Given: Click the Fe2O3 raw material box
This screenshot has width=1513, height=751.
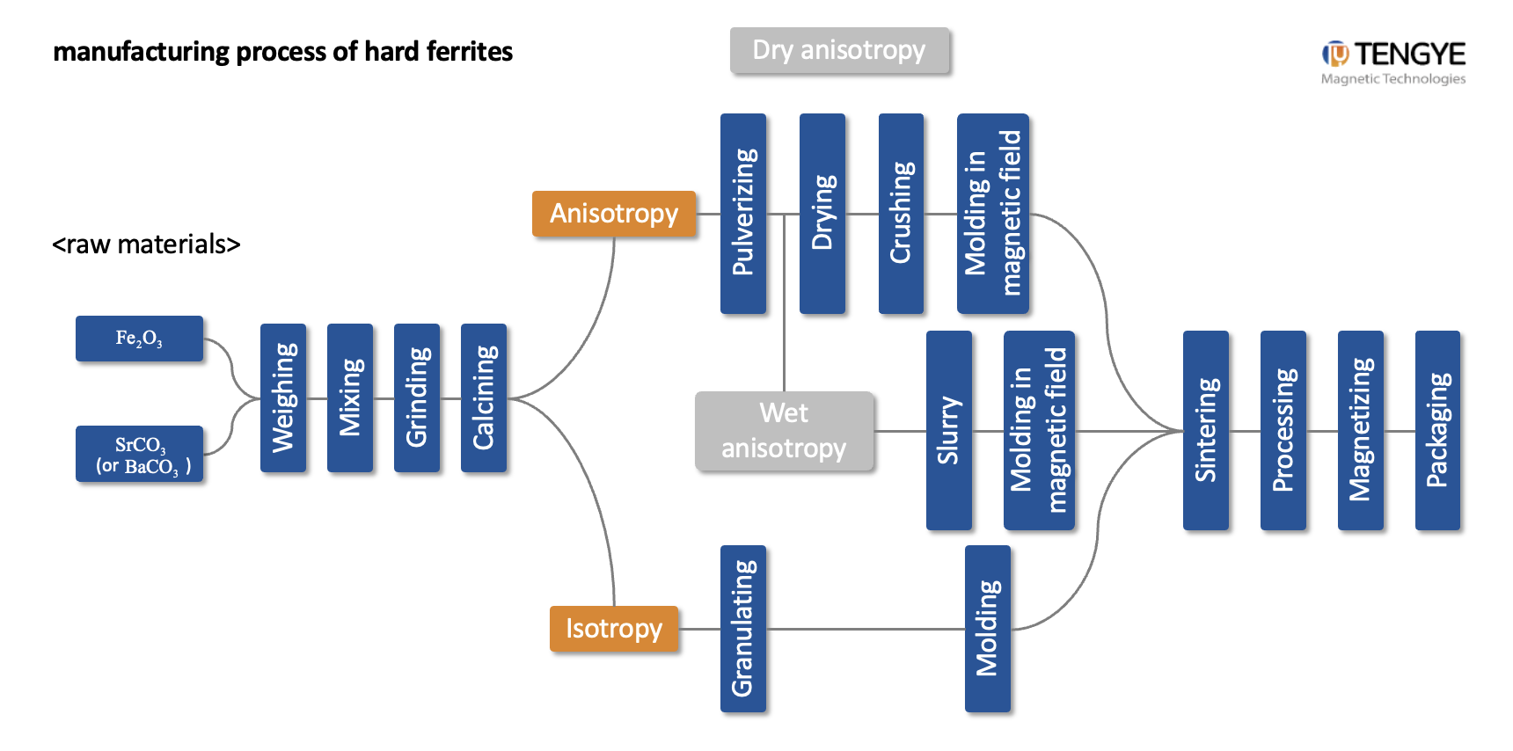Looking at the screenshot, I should pos(139,339).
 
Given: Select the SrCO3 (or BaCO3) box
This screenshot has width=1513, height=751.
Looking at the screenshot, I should pos(139,454).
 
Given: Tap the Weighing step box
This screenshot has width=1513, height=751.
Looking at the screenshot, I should pos(283,397).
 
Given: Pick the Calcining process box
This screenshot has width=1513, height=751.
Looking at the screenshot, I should pos(484,397).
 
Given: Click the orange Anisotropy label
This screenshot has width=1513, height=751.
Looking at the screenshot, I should pos(614,214).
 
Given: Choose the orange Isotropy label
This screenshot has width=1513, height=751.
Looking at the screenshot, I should pos(614,629).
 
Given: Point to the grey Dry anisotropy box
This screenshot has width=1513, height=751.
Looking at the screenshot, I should pos(839,50).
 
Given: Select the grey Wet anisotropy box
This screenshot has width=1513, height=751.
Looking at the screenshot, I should pos(784,431).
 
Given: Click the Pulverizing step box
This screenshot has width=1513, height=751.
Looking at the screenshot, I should pos(743,213).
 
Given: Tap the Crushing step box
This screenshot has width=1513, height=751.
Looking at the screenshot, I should pos(901,213).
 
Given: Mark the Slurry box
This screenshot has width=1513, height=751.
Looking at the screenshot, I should pos(948,430).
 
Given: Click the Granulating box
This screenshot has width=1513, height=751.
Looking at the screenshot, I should pos(743,628).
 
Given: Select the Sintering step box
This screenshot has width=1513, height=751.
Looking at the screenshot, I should pos(1205,430).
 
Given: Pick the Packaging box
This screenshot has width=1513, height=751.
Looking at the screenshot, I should pos(1437,430).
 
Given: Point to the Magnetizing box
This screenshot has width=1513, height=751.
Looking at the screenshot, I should pos(1360,430).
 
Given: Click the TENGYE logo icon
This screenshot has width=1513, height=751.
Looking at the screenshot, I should pos(1334,55).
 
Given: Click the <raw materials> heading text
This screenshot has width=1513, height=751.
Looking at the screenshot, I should pos(146,244).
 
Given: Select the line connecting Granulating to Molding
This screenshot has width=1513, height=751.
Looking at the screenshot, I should pos(866,629).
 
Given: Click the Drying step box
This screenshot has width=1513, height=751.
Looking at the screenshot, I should pos(822,213).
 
